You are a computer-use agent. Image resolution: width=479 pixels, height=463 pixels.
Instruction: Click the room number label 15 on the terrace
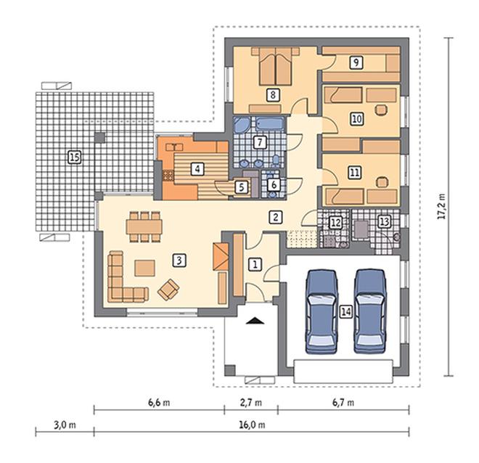pos(75,157)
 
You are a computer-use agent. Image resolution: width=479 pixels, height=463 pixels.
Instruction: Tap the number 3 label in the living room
pos(179,261)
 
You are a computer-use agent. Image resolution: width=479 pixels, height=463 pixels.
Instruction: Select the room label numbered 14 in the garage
pos(346,312)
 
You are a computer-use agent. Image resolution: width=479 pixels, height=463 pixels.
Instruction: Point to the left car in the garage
pos(322,311)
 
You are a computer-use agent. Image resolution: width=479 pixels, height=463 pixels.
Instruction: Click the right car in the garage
pos(371,311)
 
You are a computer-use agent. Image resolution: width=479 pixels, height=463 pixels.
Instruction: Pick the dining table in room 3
pos(144,226)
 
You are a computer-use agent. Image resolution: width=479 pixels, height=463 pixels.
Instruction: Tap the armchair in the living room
pos(168,290)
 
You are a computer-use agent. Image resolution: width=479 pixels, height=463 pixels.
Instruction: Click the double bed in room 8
pos(275,66)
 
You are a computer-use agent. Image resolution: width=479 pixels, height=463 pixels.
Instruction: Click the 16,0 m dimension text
pos(252,425)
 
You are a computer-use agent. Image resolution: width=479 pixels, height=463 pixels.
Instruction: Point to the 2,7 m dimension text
pos(251,403)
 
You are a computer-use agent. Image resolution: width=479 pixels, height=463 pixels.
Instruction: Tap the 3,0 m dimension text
pos(65,425)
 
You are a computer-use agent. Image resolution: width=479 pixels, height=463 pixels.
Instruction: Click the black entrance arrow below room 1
pos(254,320)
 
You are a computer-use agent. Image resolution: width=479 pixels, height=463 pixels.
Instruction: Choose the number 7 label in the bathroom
pos(260,142)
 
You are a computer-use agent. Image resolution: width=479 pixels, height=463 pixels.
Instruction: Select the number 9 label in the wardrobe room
pos(356,62)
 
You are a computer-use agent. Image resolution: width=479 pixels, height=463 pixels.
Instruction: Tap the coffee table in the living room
pos(145,268)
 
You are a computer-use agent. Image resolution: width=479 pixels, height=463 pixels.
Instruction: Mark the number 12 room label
pos(336,223)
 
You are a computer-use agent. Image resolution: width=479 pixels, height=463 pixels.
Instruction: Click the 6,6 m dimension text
pos(159,403)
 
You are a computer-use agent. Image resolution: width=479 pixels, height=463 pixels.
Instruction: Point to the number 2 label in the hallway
pos(276,217)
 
